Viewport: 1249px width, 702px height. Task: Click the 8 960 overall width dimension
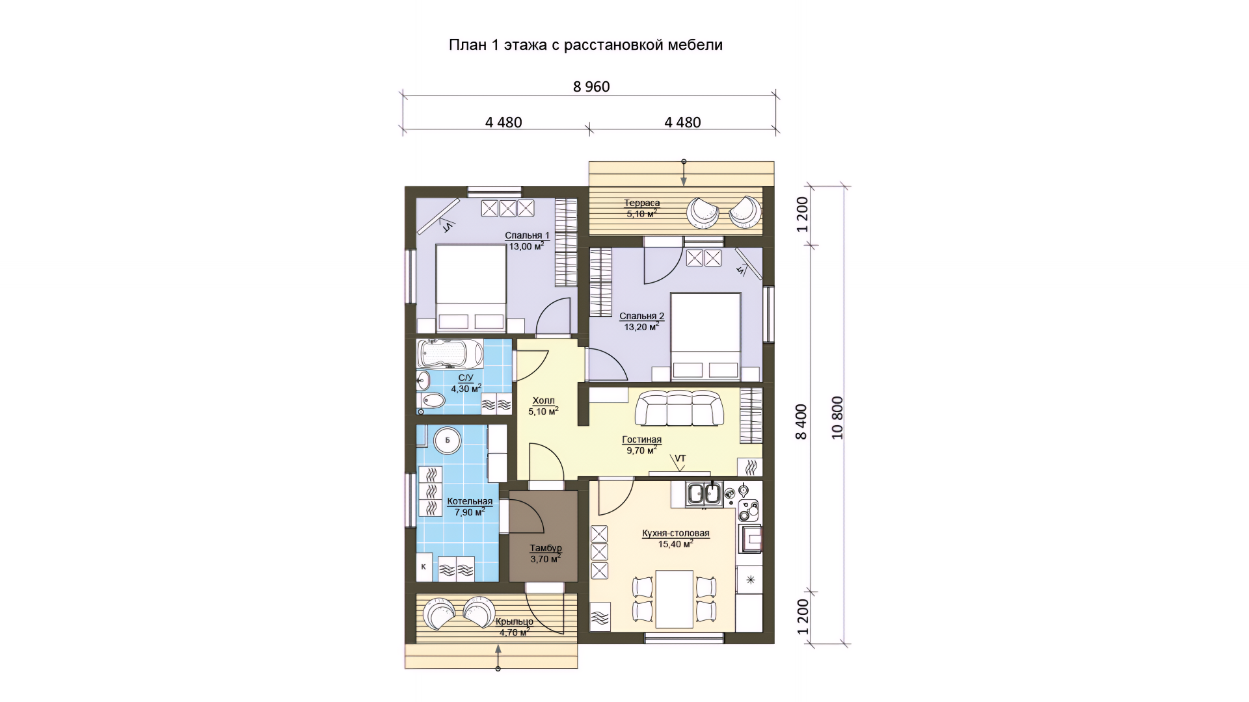point(591,87)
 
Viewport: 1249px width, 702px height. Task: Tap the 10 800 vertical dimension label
point(837,417)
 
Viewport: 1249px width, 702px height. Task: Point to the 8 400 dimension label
point(801,421)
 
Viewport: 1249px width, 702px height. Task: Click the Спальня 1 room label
point(527,235)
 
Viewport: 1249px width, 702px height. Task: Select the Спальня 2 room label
point(641,317)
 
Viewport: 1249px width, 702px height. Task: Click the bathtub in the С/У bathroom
point(450,354)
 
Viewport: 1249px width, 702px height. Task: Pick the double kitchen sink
point(705,493)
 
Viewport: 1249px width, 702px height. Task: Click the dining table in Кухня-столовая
point(674,599)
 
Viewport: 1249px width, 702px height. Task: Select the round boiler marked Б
point(448,441)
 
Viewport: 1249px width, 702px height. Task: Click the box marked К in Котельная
point(424,567)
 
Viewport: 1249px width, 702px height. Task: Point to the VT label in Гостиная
point(680,458)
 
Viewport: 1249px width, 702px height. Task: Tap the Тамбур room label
point(545,549)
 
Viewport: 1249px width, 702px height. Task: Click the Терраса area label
point(641,203)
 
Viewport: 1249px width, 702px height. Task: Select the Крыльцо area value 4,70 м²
point(513,632)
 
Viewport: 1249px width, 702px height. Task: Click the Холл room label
point(543,401)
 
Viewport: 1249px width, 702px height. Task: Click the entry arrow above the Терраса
point(684,173)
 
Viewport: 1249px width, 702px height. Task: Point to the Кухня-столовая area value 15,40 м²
point(675,544)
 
